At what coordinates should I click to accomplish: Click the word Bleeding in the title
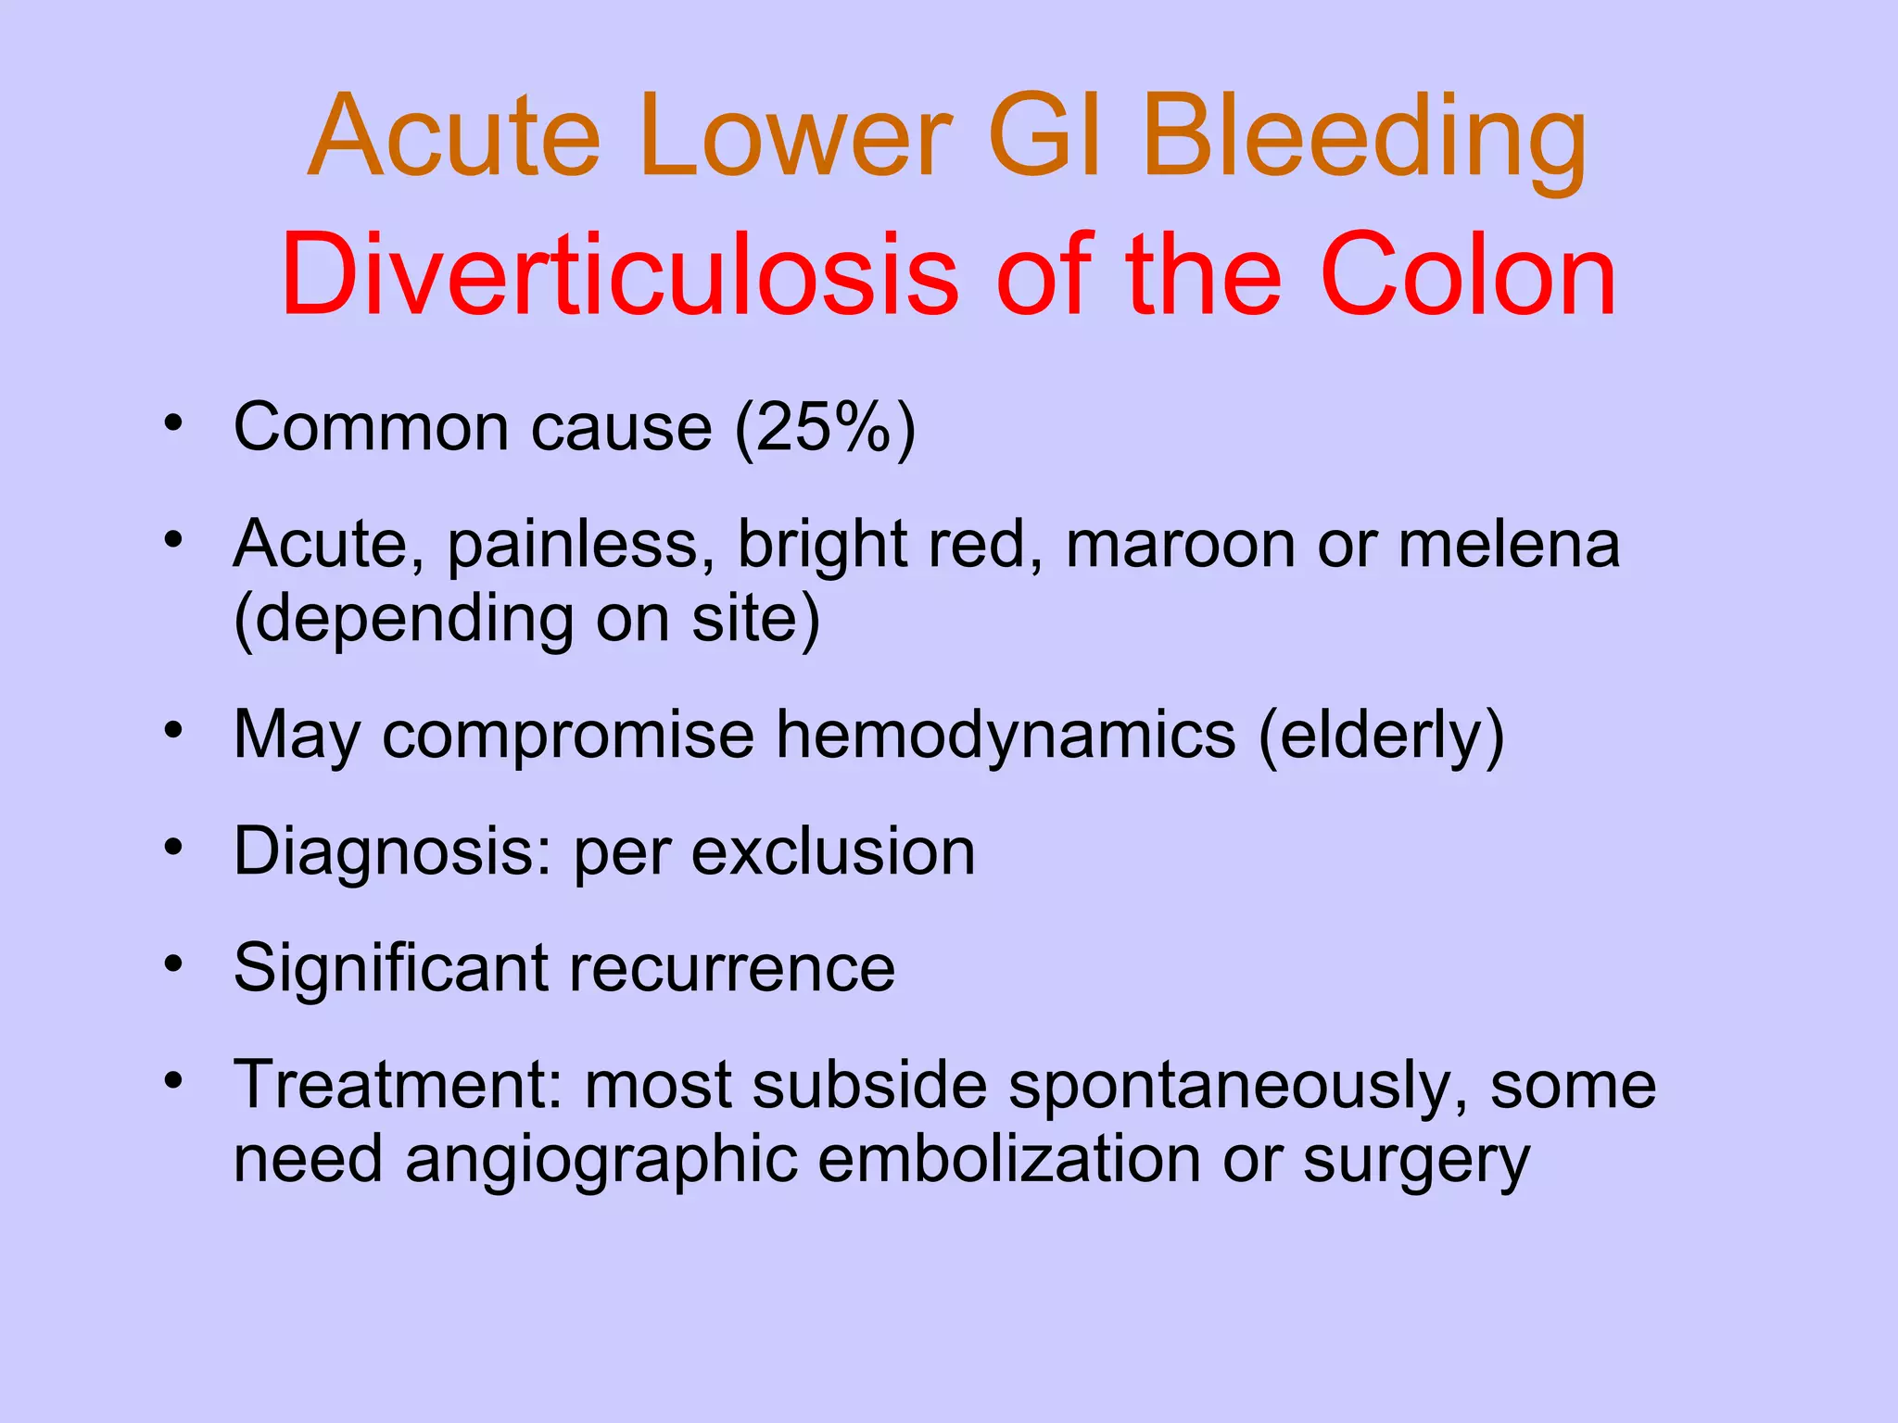coord(1364,139)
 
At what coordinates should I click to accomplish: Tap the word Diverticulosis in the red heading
coord(619,275)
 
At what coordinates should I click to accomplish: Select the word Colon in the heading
coord(1469,275)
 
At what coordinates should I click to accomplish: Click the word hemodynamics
coord(1006,736)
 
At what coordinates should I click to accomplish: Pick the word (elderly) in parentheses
coord(1381,736)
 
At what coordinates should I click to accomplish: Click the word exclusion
coord(833,851)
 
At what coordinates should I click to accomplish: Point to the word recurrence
coord(732,968)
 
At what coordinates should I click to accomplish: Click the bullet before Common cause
coord(173,424)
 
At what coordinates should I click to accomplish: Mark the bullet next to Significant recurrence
coord(173,964)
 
